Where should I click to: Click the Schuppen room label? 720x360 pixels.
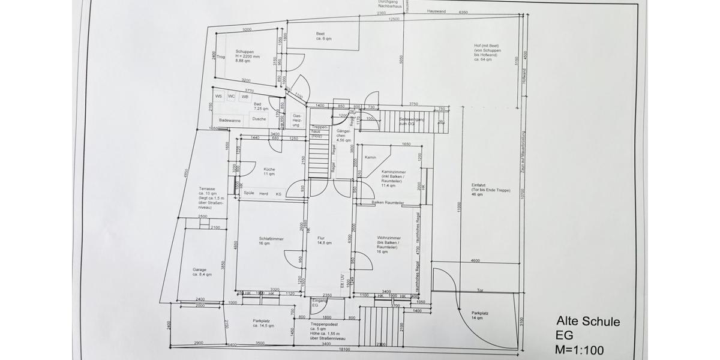[x=244, y=52]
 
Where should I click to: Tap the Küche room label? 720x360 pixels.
[x=269, y=169]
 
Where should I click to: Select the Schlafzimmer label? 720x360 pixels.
[x=271, y=238]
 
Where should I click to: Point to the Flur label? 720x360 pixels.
[x=320, y=238]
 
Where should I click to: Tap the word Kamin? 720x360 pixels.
[x=370, y=157]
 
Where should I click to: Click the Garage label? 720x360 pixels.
[x=199, y=269]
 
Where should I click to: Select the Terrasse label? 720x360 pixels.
[x=207, y=188]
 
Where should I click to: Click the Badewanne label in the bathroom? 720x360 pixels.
[x=230, y=119]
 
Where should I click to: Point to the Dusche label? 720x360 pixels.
[x=259, y=119]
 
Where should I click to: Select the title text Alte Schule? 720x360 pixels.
[x=588, y=322]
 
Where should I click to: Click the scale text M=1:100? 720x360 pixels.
[x=580, y=350]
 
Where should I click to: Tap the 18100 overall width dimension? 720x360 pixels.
[x=344, y=349]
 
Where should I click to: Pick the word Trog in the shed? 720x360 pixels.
[x=220, y=57]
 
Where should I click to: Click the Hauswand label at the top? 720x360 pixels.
[x=436, y=11]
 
